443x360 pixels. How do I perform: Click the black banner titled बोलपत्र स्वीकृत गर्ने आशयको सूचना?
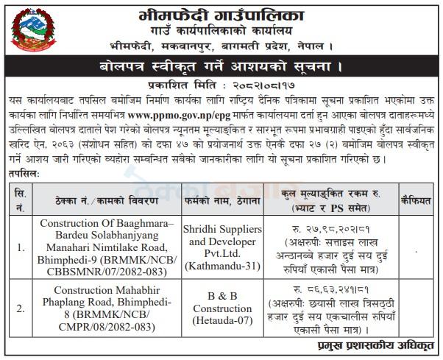click(x=221, y=70)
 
